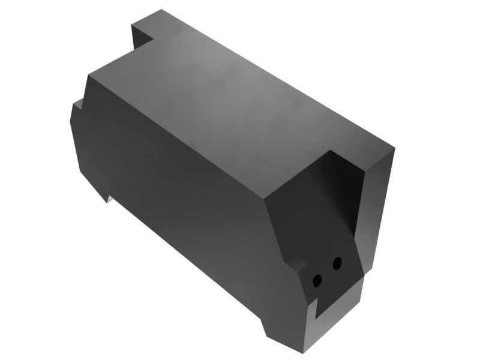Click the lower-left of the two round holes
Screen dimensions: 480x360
click(x=317, y=280)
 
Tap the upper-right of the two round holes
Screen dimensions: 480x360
click(x=337, y=263)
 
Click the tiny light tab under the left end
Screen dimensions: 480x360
click(x=110, y=197)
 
